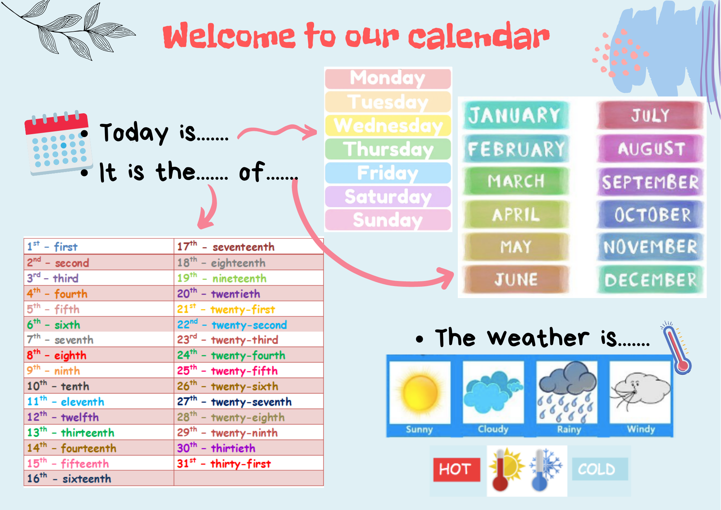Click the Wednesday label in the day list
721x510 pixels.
pyautogui.click(x=388, y=125)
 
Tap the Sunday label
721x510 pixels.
pyautogui.click(x=388, y=220)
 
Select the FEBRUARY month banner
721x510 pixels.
pyautogui.click(x=516, y=149)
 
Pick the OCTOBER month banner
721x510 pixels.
pyautogui.click(x=651, y=215)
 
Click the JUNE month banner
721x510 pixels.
pyautogui.click(x=516, y=280)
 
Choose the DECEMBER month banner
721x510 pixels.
pyautogui.click(x=650, y=280)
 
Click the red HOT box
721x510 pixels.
pyautogui.click(x=456, y=469)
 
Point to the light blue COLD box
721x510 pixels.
pyautogui.click(x=600, y=469)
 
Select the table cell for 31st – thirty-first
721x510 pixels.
pyautogui.click(x=248, y=463)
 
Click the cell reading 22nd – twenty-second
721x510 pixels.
pyautogui.click(x=248, y=325)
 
